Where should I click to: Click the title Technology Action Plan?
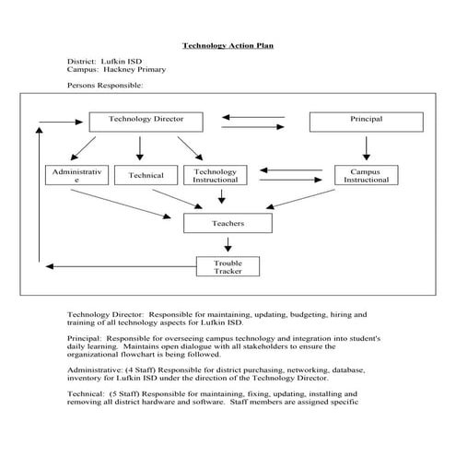point(228,44)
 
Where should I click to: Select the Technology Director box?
point(146,121)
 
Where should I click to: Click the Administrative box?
point(77,175)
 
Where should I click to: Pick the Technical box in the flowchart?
point(146,176)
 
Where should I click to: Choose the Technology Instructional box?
point(216,175)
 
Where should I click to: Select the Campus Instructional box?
point(367,175)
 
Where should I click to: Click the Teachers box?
point(228,223)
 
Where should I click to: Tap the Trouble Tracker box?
point(228,266)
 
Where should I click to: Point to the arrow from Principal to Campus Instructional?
point(367,147)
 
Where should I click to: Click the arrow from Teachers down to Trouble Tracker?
point(228,244)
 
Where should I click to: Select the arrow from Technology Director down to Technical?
point(140,147)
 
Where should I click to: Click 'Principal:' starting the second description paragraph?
point(88,338)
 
